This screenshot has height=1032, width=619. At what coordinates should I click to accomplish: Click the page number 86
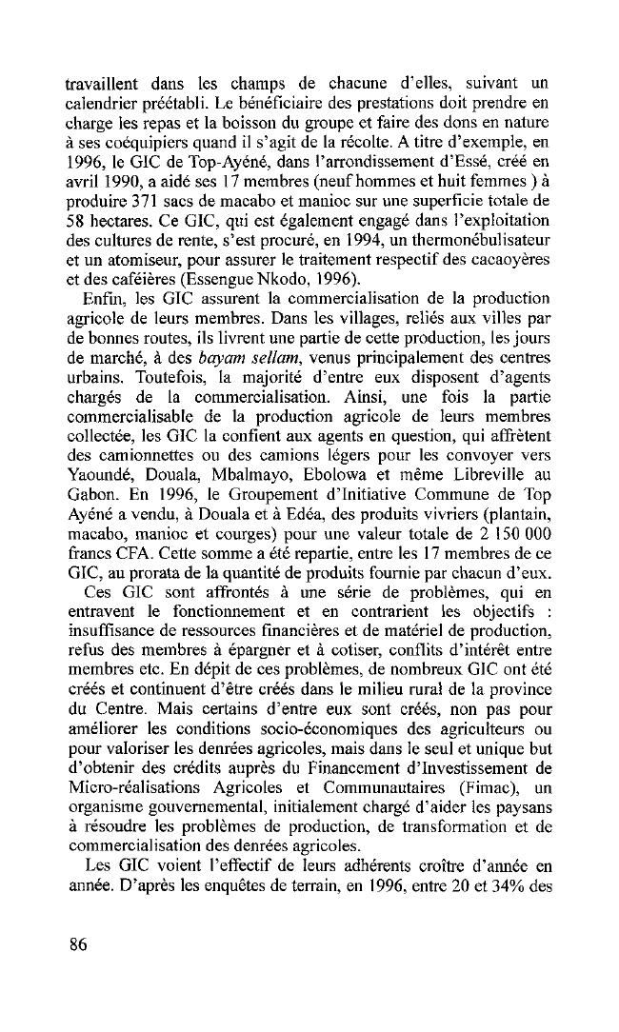(79, 944)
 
